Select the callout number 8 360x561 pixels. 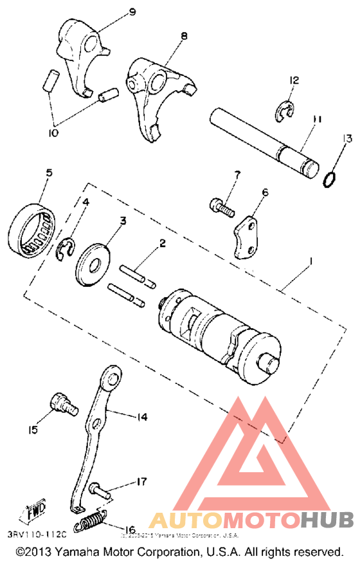click(184, 36)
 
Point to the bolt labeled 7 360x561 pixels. click(221, 207)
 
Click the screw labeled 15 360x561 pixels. click(62, 404)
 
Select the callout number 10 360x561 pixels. click(53, 133)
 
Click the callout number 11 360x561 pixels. click(316, 120)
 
